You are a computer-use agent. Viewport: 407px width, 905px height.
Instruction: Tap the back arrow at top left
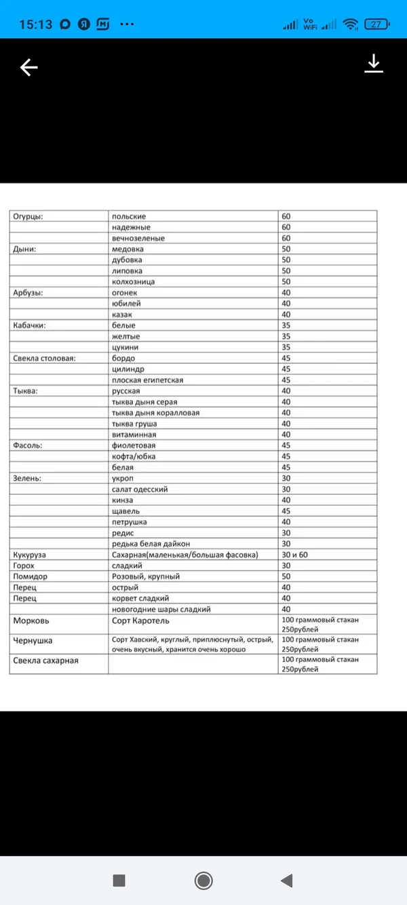coord(28,67)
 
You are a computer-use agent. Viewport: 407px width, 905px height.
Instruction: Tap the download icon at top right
coord(374,64)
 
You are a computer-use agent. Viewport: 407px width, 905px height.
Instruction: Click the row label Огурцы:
coord(28,216)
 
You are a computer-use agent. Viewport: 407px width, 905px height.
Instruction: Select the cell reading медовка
coord(128,248)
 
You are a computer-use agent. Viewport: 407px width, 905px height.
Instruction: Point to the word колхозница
coord(134,281)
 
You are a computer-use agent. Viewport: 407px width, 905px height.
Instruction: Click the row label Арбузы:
coord(28,292)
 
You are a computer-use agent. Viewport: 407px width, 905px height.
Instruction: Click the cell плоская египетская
coord(148,380)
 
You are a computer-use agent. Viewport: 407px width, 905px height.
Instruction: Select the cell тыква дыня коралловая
coord(155,413)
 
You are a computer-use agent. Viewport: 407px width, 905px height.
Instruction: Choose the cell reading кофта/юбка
coord(134,456)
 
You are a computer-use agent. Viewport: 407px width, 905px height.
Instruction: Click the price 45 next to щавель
coord(286,511)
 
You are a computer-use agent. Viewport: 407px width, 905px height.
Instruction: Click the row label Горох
coord(24,566)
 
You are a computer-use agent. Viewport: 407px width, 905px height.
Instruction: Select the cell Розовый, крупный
coord(146,576)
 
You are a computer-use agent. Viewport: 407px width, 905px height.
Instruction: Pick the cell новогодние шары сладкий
coord(161,609)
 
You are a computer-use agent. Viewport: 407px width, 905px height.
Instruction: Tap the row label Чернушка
coord(33,640)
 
